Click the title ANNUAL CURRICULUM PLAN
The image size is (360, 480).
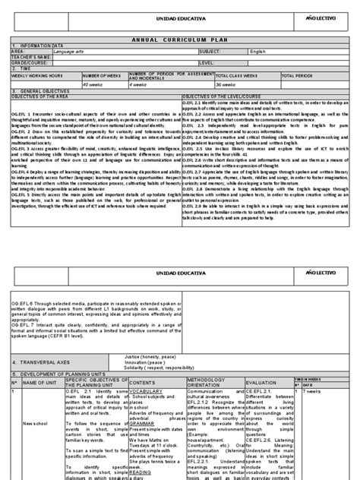point(180,38)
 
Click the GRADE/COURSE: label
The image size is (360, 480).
point(30,62)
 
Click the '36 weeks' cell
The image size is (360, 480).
point(228,84)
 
